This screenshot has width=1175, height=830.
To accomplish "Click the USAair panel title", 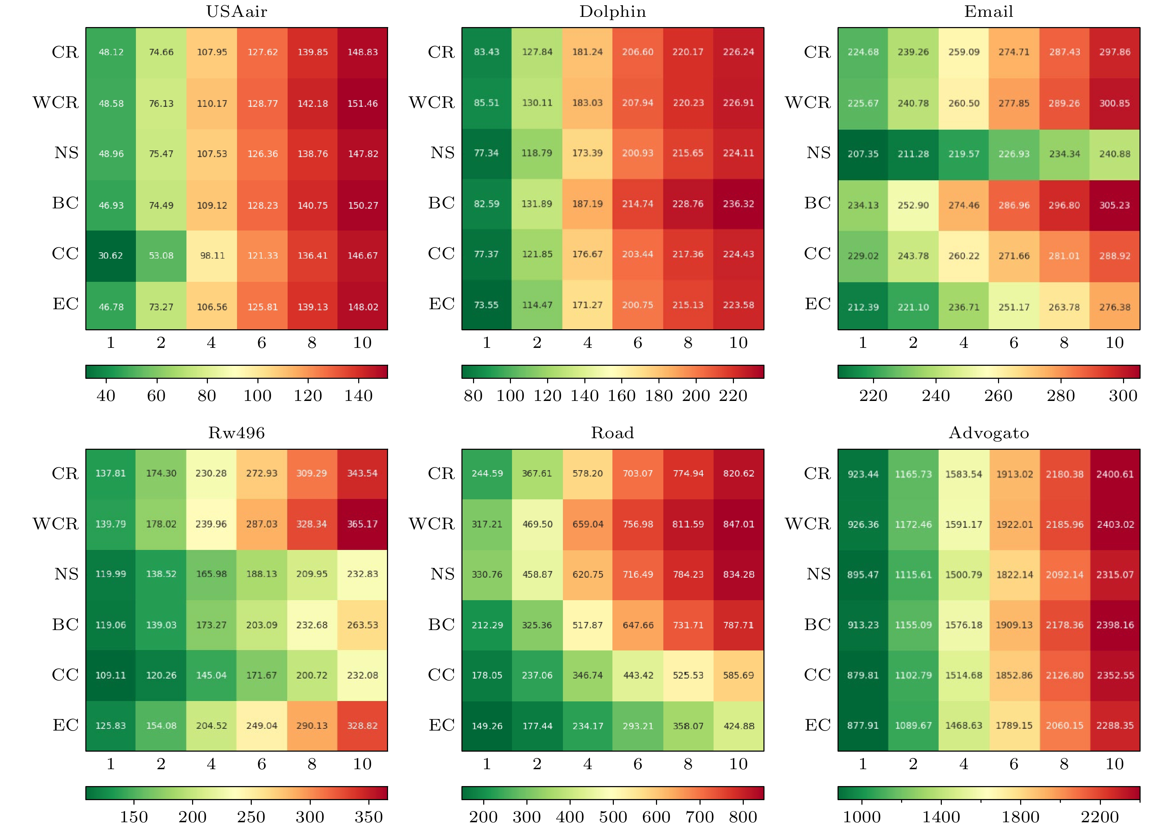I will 236,11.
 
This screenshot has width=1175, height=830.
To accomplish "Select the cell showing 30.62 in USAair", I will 111,255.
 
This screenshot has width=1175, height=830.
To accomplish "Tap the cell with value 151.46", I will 362,103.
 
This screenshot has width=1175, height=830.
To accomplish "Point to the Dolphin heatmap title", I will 612,11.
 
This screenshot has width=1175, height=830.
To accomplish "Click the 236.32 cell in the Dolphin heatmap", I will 739,204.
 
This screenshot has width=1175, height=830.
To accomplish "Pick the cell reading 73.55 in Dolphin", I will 486,305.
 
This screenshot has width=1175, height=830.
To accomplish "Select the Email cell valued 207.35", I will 863,154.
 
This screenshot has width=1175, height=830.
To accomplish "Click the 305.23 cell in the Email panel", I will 1115,205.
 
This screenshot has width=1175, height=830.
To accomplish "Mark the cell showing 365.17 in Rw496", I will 362,524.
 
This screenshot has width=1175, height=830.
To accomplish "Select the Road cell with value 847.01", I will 739,524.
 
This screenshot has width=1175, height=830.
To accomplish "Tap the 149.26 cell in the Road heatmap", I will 487,726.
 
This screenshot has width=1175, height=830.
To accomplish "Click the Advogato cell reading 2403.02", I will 1115,524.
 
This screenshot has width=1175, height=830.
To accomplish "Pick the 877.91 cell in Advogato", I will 863,726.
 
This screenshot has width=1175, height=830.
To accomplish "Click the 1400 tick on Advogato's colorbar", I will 941,816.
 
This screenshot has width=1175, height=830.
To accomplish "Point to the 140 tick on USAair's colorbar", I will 358,395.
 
